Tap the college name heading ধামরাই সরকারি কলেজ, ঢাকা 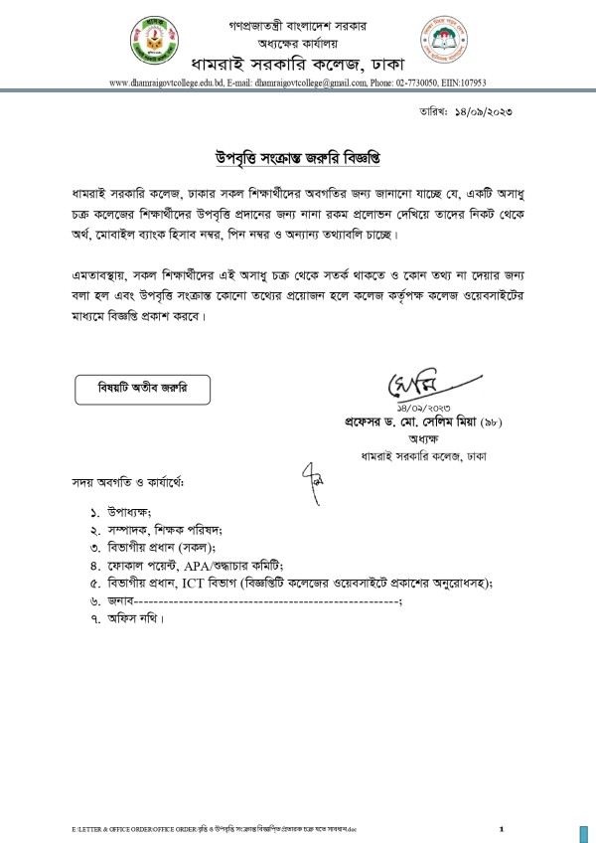point(295,62)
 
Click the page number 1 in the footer point(502,828)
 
